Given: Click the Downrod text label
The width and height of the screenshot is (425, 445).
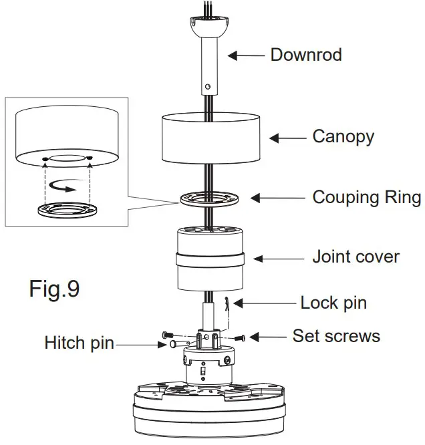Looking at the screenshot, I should pyautogui.click(x=305, y=55).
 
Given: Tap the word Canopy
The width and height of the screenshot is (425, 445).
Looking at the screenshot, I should pyautogui.click(x=343, y=137).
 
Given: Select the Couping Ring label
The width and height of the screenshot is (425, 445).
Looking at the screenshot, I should pyautogui.click(x=367, y=198).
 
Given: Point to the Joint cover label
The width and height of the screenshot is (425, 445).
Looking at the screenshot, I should pyautogui.click(x=356, y=257).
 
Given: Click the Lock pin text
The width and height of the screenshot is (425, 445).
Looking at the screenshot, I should pyautogui.click(x=333, y=303).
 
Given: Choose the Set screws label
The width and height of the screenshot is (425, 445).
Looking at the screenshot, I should pyautogui.click(x=335, y=335).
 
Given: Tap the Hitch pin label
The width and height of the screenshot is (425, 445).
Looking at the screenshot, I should pyautogui.click(x=79, y=343).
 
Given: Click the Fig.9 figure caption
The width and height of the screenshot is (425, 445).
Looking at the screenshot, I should pyautogui.click(x=54, y=289).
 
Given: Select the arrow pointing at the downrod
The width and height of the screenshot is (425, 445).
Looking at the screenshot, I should pyautogui.click(x=247, y=56).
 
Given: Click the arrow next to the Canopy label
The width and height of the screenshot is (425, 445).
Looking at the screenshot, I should pyautogui.click(x=288, y=138).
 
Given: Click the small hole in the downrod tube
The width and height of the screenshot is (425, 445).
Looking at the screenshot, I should pyautogui.click(x=208, y=86).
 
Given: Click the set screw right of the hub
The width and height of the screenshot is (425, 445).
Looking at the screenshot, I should pyautogui.click(x=241, y=338).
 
